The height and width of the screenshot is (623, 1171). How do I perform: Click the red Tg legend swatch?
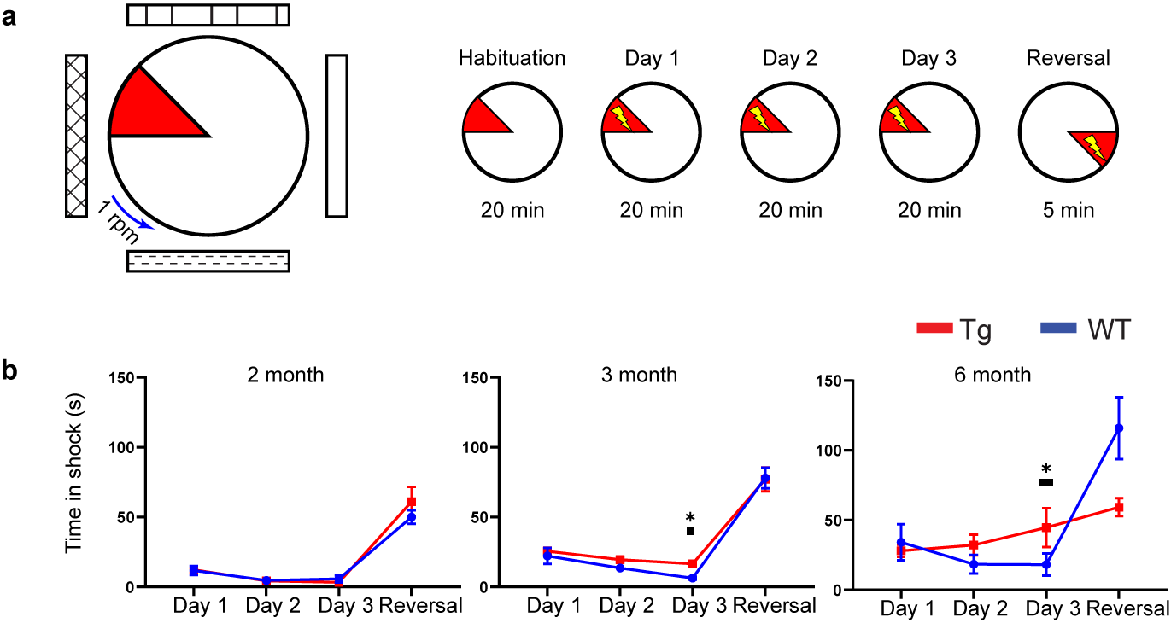click(x=934, y=329)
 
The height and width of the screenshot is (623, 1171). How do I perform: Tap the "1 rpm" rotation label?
click(x=118, y=221)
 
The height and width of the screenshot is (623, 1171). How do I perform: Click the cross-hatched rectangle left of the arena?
click(x=77, y=136)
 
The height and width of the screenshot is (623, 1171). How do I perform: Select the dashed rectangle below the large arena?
click(x=208, y=260)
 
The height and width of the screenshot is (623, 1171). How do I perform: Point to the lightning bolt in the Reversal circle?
click(x=1094, y=148)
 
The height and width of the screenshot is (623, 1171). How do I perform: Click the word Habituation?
click(x=512, y=59)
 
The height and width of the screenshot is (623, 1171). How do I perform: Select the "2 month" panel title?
click(x=285, y=375)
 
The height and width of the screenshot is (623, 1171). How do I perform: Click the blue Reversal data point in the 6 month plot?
click(x=1119, y=428)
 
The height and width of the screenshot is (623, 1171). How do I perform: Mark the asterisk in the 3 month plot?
click(x=690, y=518)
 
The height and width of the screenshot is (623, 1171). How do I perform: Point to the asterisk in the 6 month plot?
click(x=1046, y=469)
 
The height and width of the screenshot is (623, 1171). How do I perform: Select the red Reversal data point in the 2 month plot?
click(x=411, y=502)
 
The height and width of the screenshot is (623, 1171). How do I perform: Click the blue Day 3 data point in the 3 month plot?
click(x=692, y=578)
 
